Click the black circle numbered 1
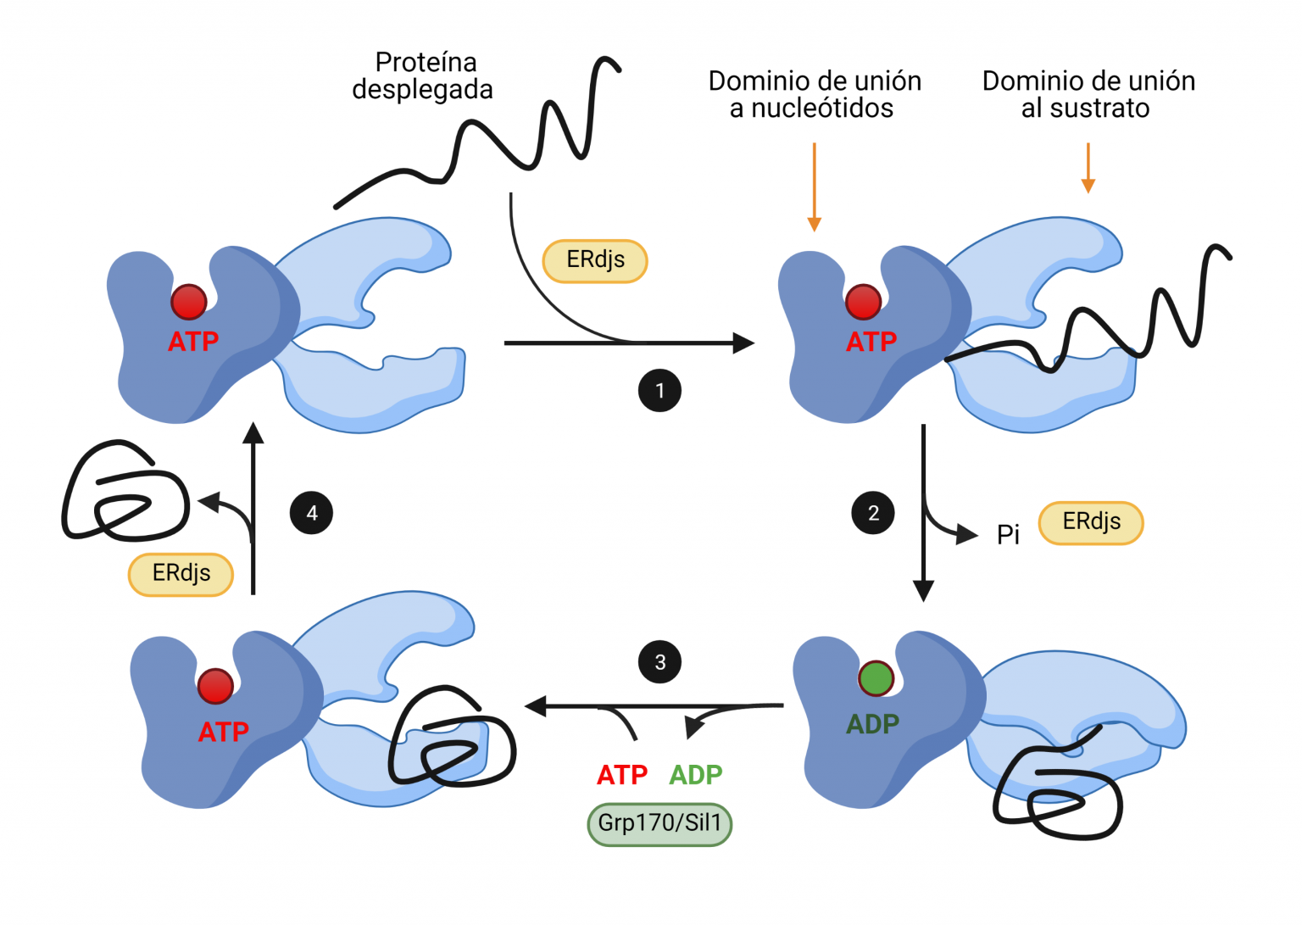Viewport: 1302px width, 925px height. [659, 391]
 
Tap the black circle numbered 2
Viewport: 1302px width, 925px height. [873, 513]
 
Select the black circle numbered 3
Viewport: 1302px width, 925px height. [659, 662]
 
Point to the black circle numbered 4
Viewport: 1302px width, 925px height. [311, 513]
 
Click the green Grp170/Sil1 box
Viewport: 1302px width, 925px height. [659, 823]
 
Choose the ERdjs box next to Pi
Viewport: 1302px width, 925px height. [1091, 522]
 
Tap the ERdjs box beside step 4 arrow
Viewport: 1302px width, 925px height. [181, 574]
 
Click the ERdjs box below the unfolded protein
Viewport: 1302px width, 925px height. [595, 260]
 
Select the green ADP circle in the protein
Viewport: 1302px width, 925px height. [876, 678]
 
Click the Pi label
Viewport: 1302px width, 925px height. [1008, 535]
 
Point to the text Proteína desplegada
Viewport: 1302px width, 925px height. [423, 76]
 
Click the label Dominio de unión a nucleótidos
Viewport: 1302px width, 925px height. [814, 94]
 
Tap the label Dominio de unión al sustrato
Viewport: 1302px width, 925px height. [1088, 94]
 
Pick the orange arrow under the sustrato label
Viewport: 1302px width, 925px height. [1088, 169]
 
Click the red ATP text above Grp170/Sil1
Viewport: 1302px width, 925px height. [622, 775]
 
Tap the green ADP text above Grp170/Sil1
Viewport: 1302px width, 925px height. [696, 775]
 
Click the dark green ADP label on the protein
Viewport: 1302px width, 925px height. [872, 724]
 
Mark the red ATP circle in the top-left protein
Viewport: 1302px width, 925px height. [188, 302]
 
